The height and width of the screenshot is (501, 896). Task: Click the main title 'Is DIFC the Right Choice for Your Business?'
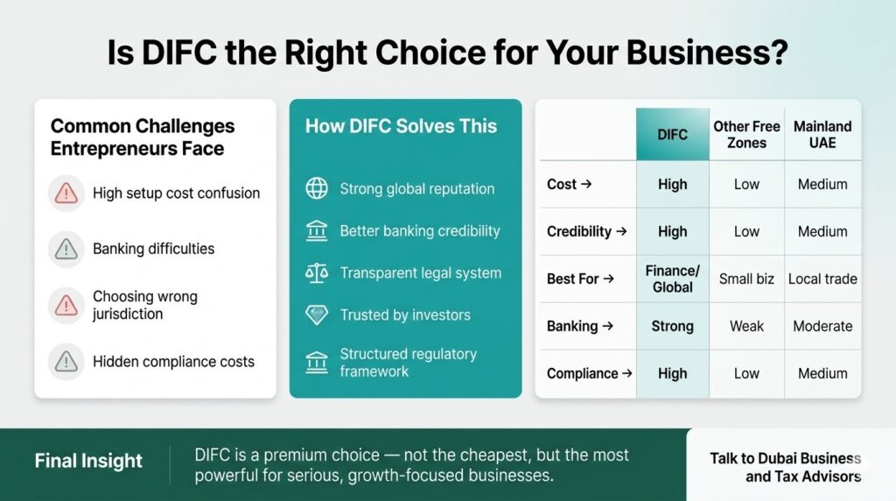[x=447, y=53]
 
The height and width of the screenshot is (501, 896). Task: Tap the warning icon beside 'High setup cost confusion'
[x=66, y=194]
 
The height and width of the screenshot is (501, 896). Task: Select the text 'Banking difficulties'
[x=153, y=250]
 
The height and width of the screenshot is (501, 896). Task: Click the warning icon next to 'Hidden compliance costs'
[x=66, y=361]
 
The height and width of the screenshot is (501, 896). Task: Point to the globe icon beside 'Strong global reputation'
[x=316, y=188]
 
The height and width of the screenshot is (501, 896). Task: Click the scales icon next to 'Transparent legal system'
[x=316, y=272]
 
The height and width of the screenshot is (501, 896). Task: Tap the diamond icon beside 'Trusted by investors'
[x=316, y=314]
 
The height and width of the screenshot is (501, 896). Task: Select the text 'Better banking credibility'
[x=419, y=231]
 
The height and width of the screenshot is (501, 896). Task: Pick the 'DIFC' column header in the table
[x=672, y=135]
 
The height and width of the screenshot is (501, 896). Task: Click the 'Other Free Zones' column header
[x=746, y=135]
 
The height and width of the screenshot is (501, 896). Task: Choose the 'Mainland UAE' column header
[x=822, y=135]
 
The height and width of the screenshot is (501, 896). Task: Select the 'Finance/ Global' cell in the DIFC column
[x=672, y=279]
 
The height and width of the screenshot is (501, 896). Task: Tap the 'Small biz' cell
[x=746, y=279]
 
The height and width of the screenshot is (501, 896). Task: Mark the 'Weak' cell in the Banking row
[x=746, y=326]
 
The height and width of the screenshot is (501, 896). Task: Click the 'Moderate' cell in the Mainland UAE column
[x=822, y=326]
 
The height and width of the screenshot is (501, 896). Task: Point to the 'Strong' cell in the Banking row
[x=672, y=326]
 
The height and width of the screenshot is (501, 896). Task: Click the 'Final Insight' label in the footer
[x=88, y=460]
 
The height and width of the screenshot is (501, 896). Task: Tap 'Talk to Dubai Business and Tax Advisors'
[x=785, y=468]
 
